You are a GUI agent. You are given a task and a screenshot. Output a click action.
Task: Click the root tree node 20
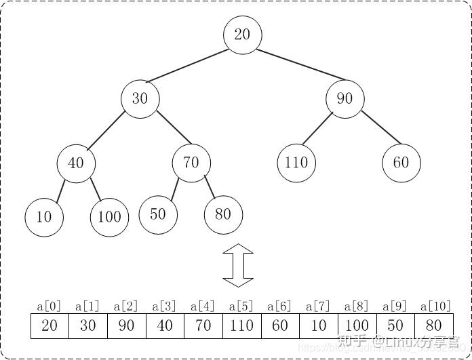coord(242,35)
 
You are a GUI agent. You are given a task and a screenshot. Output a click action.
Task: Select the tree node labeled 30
coord(140,98)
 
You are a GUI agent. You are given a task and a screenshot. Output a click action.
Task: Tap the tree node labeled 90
coord(345,98)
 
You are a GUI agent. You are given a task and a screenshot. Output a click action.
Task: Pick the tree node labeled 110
coord(296,163)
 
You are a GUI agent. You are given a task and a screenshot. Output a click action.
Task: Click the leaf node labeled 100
coord(109,217)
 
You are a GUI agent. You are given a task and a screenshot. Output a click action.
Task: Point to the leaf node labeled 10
coord(44,217)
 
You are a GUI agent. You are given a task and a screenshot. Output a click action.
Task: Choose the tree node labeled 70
coord(191,163)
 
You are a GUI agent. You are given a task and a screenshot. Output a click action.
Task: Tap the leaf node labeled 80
coord(223,214)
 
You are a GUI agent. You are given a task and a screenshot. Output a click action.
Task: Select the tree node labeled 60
coord(401,163)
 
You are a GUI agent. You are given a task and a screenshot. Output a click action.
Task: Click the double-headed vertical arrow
coord(237,265)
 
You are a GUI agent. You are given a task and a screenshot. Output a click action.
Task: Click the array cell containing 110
coord(241,325)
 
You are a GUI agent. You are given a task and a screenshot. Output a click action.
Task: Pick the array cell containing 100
coord(357,325)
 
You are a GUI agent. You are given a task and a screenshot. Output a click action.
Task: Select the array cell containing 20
coord(50,325)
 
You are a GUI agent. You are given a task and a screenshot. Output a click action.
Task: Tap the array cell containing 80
coord(433,325)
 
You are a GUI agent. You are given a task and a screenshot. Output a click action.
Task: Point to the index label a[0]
coord(49,306)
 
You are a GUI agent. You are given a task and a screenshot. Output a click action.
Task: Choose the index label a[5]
coord(241,306)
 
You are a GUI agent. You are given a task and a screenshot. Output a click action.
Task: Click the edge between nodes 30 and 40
coord(107,130)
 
